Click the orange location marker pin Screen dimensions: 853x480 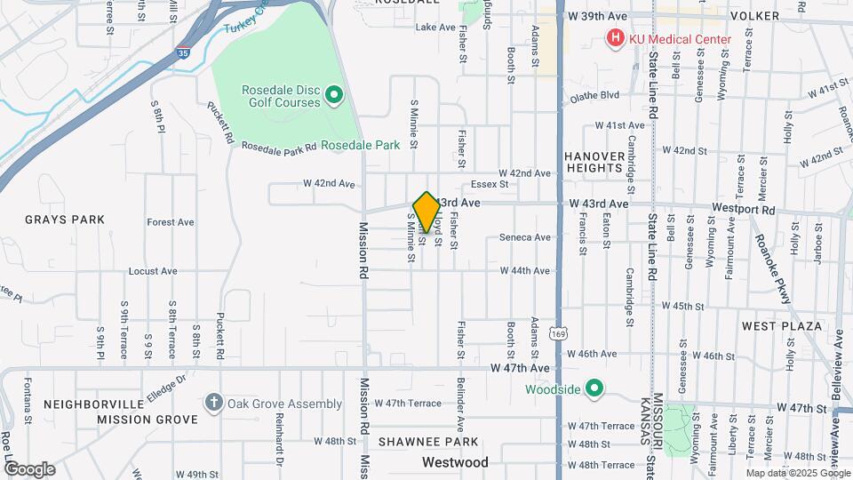pos(426,212)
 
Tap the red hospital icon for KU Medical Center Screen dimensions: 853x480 pos(614,38)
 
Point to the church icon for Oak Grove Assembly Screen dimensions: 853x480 pos(213,404)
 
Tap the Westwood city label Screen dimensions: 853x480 pos(455,462)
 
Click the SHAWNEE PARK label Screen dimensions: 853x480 pos(427,442)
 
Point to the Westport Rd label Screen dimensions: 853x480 pos(744,211)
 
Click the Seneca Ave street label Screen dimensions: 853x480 pos(525,237)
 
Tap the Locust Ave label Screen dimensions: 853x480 pos(153,270)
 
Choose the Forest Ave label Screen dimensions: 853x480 pos(171,222)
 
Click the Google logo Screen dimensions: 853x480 pos(29,468)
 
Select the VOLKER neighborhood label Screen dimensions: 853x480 pos(754,17)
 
